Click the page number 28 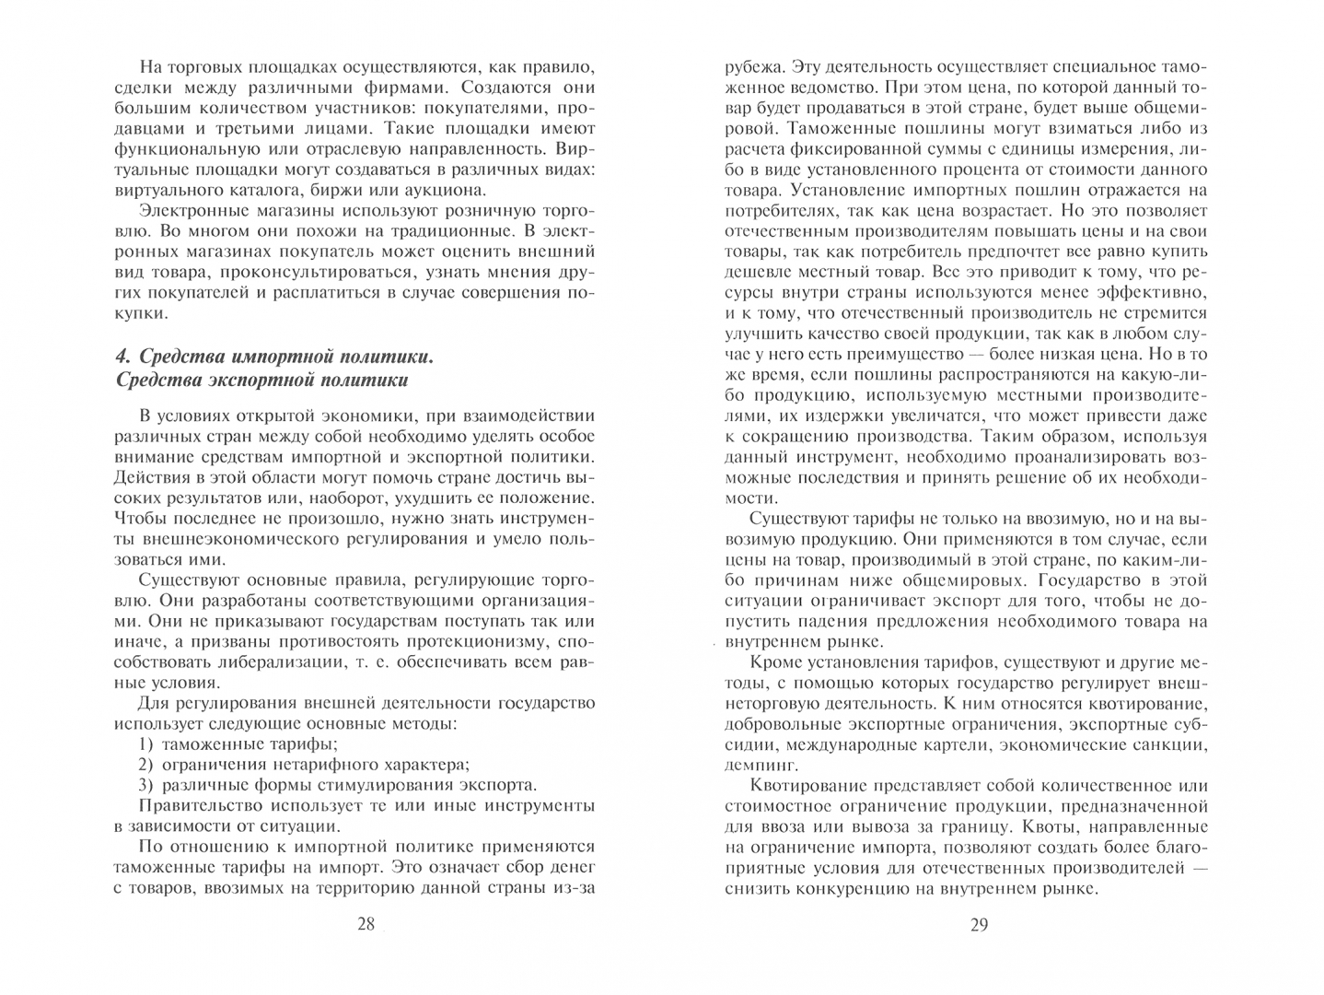pyautogui.click(x=366, y=924)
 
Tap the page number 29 pyautogui.click(x=979, y=925)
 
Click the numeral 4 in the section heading pyautogui.click(x=121, y=357)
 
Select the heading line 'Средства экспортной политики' pyautogui.click(x=261, y=380)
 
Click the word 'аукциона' pyautogui.click(x=445, y=190)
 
